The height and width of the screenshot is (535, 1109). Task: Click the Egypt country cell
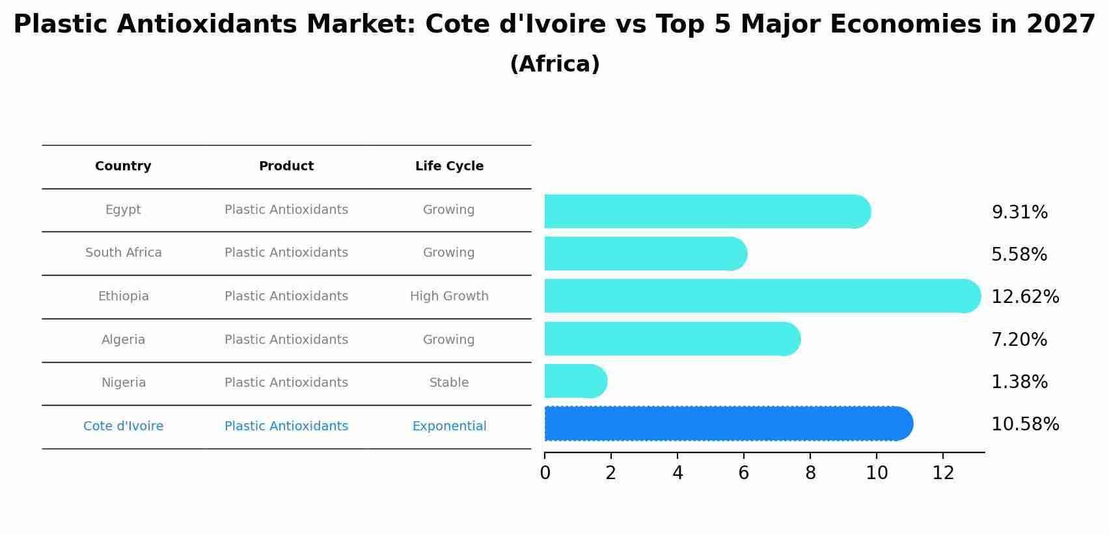click(123, 210)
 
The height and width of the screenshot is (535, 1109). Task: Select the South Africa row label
click(123, 253)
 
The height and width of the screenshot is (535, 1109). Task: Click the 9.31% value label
click(1019, 213)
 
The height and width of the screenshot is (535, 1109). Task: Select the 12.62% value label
click(1024, 297)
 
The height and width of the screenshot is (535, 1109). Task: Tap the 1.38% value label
click(1019, 382)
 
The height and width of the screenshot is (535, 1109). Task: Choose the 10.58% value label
click(1024, 424)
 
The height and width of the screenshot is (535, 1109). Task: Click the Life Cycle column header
click(449, 166)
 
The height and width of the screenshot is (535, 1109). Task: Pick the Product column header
click(286, 166)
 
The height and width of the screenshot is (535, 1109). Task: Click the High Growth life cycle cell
click(449, 296)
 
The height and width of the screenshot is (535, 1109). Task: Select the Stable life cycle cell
click(449, 383)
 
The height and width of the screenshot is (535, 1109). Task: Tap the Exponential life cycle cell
click(449, 426)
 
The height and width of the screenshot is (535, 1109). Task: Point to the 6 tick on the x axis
click(744, 473)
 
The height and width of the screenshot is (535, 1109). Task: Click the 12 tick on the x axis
click(943, 473)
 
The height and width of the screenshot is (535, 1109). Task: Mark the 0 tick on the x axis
click(545, 473)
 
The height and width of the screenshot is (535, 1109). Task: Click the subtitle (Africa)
click(554, 64)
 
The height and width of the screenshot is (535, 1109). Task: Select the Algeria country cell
click(123, 340)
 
